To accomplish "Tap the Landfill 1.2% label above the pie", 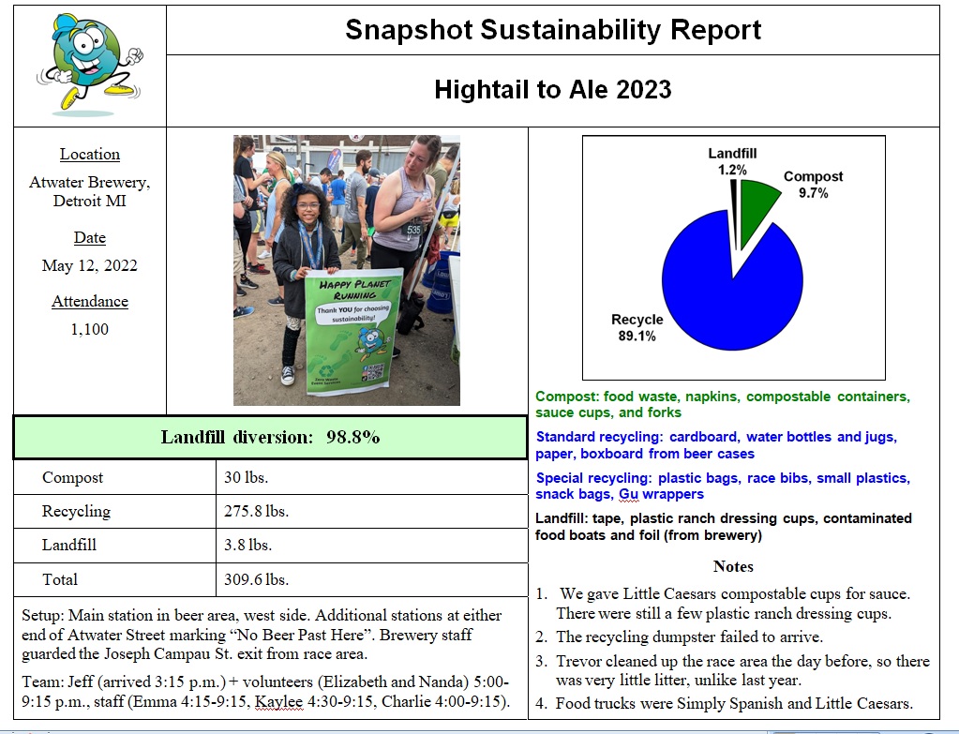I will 732,162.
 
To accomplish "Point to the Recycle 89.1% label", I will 637,327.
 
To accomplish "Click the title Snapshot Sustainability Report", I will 553,30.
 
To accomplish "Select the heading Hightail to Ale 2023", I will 553,90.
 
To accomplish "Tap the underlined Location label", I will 90,155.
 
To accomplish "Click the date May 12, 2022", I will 90,266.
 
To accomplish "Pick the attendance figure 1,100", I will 90,329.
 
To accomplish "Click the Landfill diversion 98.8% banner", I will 270,438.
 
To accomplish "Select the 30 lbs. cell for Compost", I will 247,478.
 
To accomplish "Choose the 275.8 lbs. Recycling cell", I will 256,512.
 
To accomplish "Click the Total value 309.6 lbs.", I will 256,579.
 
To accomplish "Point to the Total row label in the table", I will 60,579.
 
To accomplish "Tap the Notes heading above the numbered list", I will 733,566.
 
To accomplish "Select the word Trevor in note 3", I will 580,661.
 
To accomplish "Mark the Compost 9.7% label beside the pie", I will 813,185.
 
